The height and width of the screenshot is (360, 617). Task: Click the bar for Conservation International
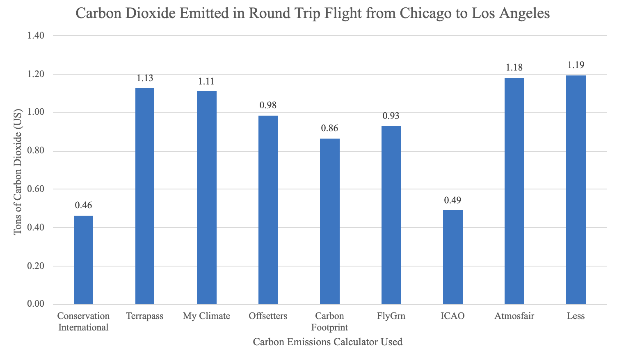click(83, 260)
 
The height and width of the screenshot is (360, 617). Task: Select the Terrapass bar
click(145, 196)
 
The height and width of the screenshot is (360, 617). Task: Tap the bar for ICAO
click(452, 257)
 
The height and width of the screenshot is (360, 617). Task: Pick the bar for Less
click(576, 190)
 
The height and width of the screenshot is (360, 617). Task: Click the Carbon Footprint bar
click(329, 221)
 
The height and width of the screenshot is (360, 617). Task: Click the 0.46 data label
click(83, 205)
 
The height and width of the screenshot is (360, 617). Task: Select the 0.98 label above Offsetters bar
click(268, 105)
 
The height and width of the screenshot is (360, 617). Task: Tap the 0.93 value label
click(391, 116)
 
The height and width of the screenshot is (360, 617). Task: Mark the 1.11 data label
click(206, 81)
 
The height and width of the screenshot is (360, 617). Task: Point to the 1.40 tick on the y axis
click(36, 36)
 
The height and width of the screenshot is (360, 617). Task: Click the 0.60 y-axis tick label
click(36, 189)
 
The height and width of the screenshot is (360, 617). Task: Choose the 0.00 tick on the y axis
click(36, 304)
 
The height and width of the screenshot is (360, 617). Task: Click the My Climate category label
click(206, 316)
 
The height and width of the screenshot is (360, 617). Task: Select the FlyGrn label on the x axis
click(391, 316)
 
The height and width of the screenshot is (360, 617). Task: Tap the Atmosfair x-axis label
click(514, 316)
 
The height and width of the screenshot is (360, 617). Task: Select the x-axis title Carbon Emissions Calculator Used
click(327, 342)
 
